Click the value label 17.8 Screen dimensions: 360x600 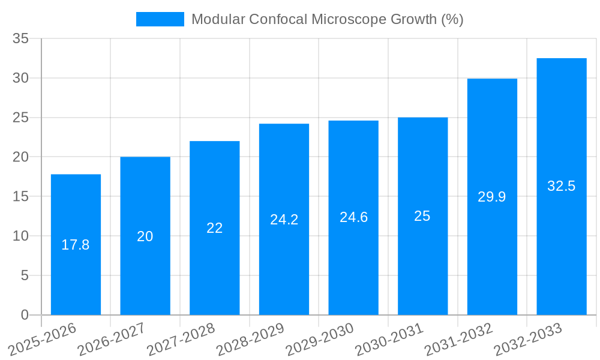click(x=76, y=245)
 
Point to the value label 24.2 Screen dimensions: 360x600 click(x=284, y=220)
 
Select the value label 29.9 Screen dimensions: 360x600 click(x=492, y=197)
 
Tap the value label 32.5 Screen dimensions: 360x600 click(x=562, y=186)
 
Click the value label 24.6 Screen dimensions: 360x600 click(x=353, y=217)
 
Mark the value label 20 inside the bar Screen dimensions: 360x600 click(x=145, y=236)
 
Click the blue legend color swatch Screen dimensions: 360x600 click(x=160, y=19)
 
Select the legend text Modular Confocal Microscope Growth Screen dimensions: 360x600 click(x=327, y=19)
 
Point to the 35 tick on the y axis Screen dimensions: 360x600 click(x=21, y=38)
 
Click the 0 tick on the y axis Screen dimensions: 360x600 click(x=25, y=315)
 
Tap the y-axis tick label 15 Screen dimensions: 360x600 click(x=21, y=196)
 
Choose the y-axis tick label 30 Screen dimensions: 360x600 click(x=21, y=78)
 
